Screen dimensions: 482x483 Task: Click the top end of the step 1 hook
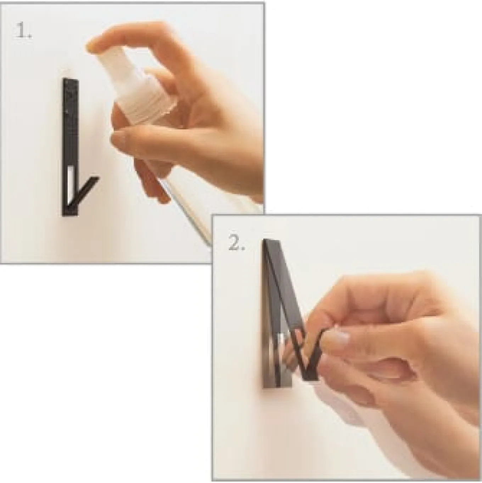[x=70, y=80]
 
